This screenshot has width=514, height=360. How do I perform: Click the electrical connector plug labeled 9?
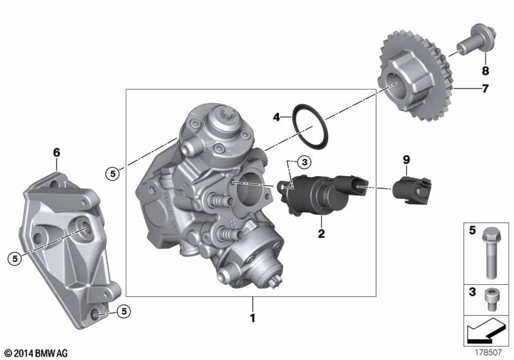click(412, 190)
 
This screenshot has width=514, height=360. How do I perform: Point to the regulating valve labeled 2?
click(323, 194)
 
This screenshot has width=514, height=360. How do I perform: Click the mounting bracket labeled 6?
click(69, 249)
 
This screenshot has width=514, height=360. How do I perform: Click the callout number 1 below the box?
click(253, 318)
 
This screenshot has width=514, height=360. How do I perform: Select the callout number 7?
click(485, 88)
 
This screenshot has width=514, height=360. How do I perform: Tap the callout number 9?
click(406, 160)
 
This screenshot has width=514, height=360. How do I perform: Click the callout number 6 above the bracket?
click(57, 152)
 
